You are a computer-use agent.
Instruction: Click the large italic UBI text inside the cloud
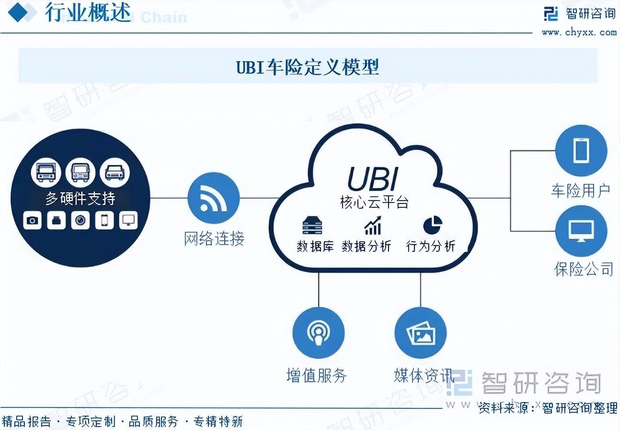point(372,179)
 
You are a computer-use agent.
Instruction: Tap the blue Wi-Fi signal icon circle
point(213,198)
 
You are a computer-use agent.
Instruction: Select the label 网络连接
point(214,238)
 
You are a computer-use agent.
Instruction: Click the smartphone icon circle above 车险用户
point(581,151)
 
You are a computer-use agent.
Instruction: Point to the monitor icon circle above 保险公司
point(581,231)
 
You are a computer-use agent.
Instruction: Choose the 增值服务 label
point(316,375)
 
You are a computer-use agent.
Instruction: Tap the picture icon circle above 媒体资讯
point(420,333)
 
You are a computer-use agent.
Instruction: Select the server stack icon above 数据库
point(312,226)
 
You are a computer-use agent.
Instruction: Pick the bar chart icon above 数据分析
point(372,226)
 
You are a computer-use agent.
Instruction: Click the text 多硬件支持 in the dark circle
point(80,198)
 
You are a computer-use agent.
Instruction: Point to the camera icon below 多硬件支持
point(32,220)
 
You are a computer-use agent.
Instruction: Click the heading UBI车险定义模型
point(308,67)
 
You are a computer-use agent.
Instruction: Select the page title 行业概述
point(88,13)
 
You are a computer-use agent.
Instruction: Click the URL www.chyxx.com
point(579,33)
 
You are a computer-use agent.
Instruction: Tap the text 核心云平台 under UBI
point(374,203)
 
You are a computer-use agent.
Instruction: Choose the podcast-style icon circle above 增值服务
point(318,333)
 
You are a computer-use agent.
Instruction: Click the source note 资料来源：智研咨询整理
point(548,408)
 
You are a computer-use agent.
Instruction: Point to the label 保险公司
point(584,269)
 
